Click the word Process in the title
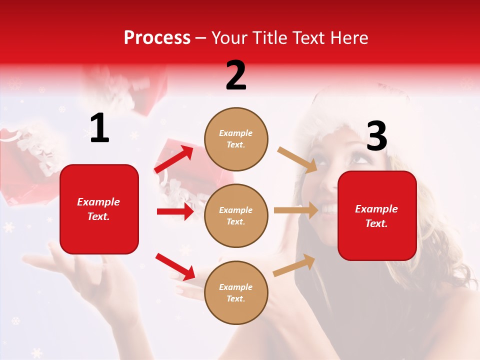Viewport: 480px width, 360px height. pyautogui.click(x=157, y=37)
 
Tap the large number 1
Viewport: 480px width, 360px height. pyautogui.click(x=99, y=128)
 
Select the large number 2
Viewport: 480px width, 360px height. pyautogui.click(x=236, y=75)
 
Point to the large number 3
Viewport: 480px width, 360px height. pyautogui.click(x=376, y=136)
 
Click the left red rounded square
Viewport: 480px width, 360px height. pyautogui.click(x=99, y=209)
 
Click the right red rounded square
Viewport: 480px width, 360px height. pyautogui.click(x=377, y=215)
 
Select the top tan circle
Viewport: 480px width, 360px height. pyautogui.click(x=236, y=139)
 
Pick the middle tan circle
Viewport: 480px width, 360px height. pyautogui.click(x=236, y=215)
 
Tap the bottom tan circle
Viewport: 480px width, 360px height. pyautogui.click(x=236, y=292)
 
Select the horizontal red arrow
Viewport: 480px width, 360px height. pyautogui.click(x=174, y=211)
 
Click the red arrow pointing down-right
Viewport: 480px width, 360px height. pyautogui.click(x=175, y=266)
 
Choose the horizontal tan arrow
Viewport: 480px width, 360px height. pyautogui.click(x=295, y=210)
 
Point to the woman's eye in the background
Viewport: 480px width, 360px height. pyautogui.click(x=358, y=160)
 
